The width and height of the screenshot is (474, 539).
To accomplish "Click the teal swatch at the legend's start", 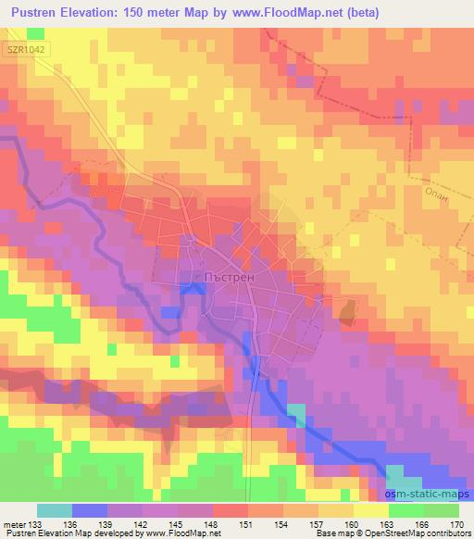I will (x=54, y=510).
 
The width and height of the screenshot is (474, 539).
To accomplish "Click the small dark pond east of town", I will (x=347, y=313).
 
